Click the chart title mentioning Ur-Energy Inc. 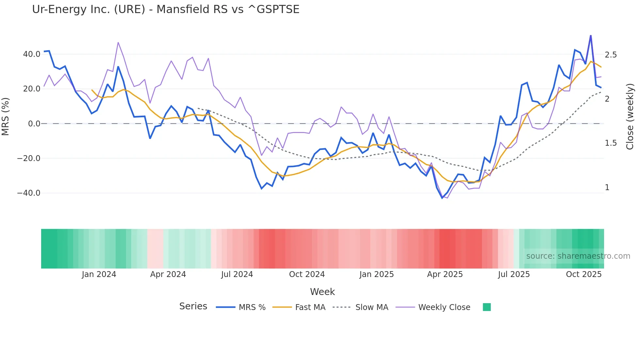tap(166, 9)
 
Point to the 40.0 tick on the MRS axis tap(32, 54)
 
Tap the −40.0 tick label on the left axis tap(29, 193)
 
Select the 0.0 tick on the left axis tap(34, 124)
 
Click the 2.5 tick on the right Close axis tap(611, 55)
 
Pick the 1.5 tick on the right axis tap(611, 143)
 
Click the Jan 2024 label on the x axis tap(99, 274)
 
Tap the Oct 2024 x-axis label tap(307, 274)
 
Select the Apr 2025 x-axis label tap(445, 274)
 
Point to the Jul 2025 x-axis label tap(514, 274)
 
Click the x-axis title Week tap(322, 292)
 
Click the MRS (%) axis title tap(6, 117)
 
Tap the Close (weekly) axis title tap(630, 117)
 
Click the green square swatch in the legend tap(487, 307)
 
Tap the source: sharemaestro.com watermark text tap(578, 256)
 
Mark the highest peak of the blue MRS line tap(591, 35)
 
